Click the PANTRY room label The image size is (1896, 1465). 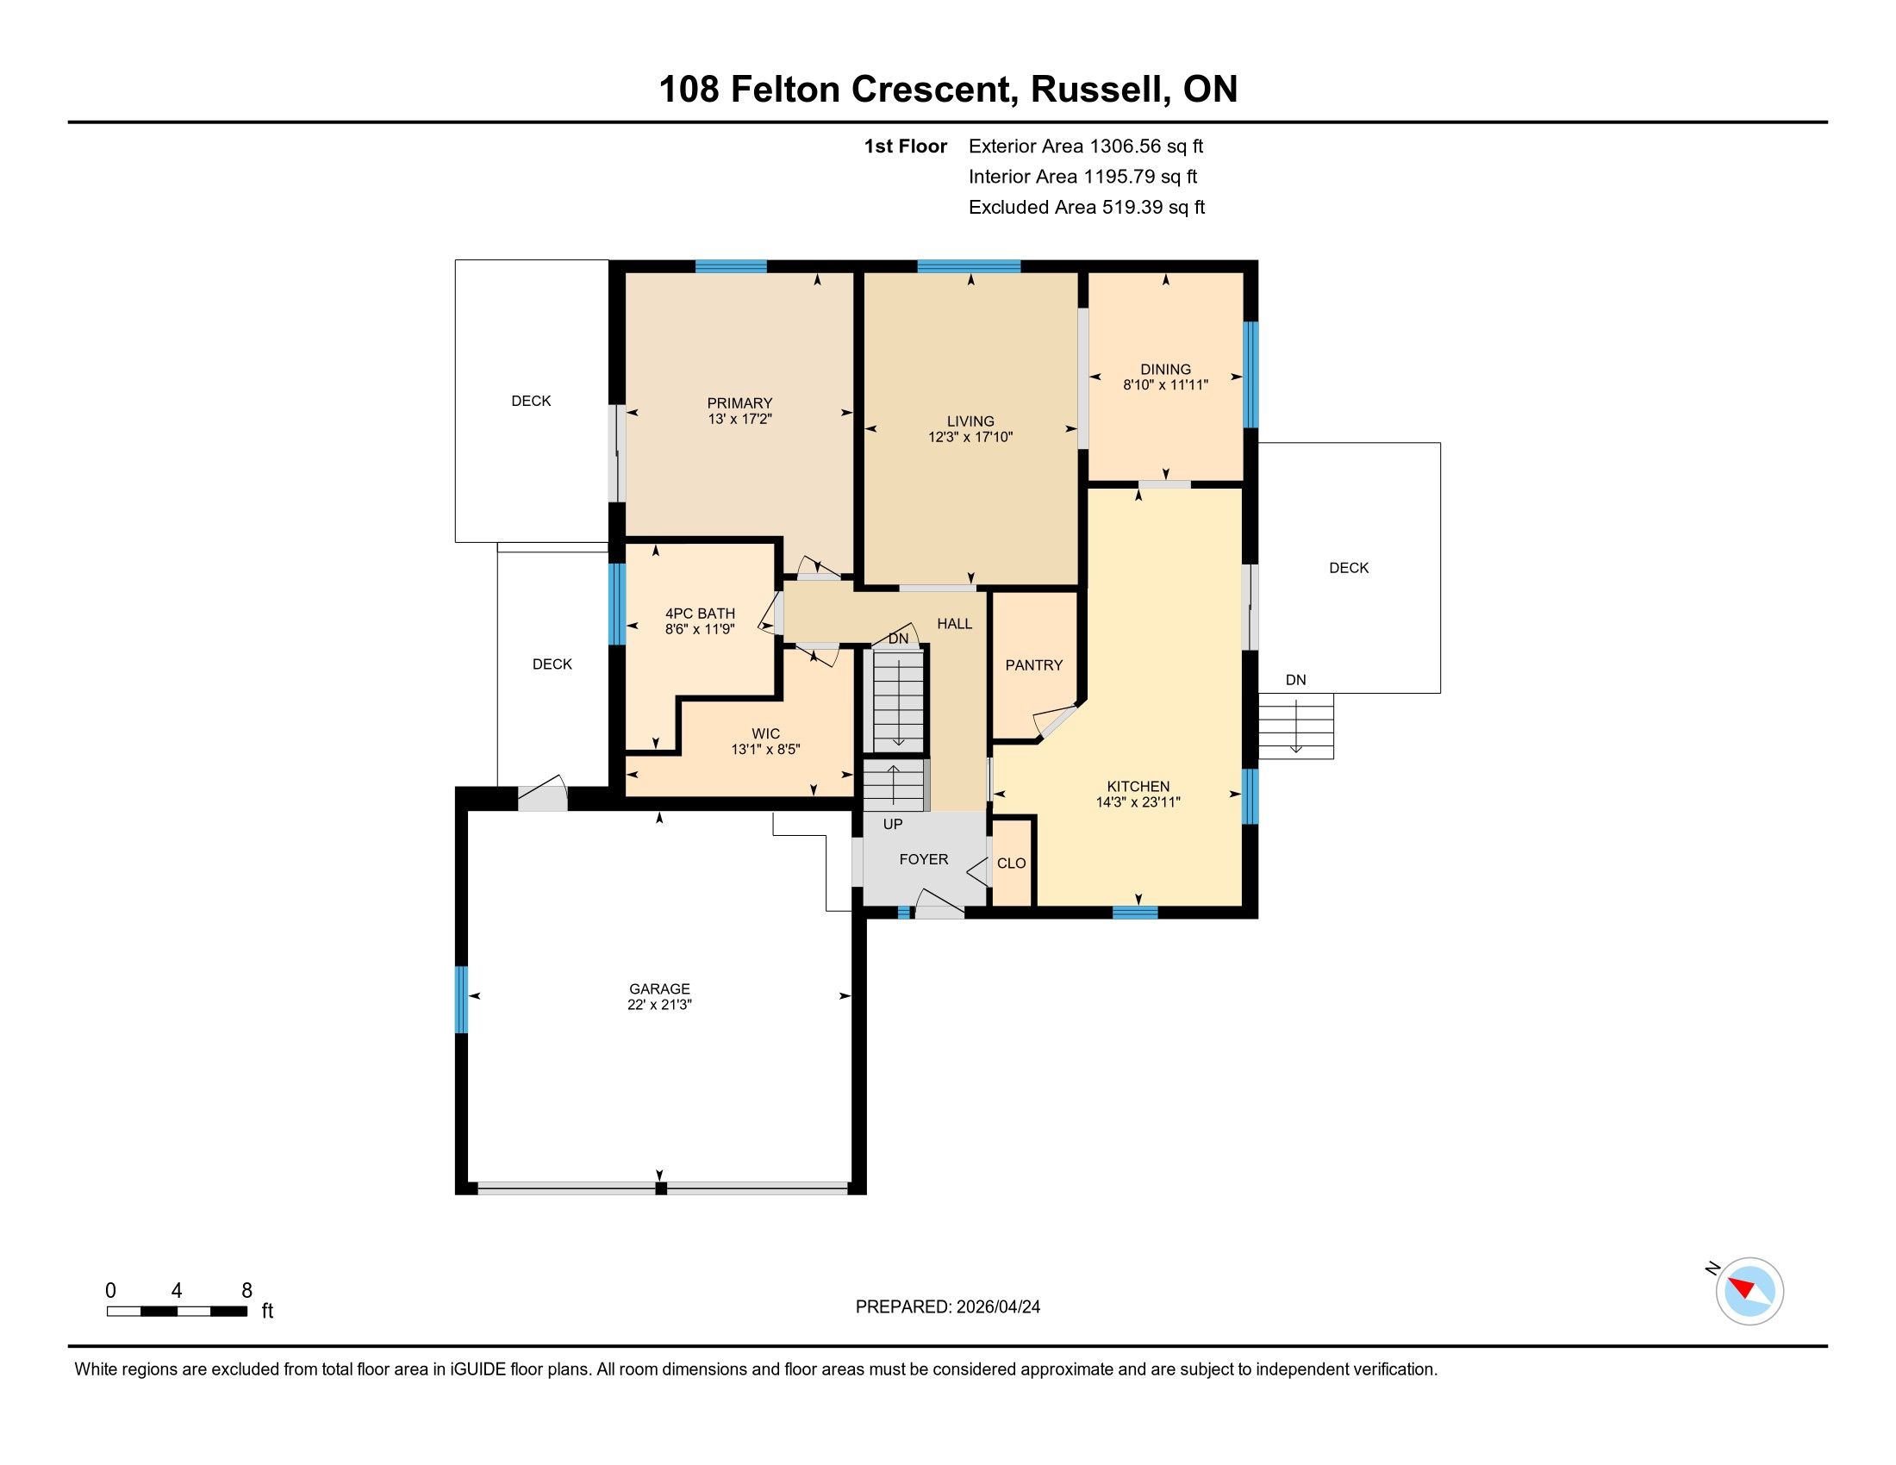point(1033,664)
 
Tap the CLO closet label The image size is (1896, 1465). point(1012,863)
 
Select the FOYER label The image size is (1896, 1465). point(924,859)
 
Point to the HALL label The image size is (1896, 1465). point(954,623)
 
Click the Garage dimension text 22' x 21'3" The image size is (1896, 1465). point(660,1005)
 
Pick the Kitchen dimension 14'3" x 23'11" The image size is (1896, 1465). point(1138,803)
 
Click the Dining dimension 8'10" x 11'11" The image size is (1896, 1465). point(1165,384)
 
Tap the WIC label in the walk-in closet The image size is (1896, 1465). point(765,733)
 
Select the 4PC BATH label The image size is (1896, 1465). point(700,614)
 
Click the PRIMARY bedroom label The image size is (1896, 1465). point(739,402)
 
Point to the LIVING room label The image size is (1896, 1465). point(970,421)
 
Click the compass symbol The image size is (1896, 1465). point(1749,1291)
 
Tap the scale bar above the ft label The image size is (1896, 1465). point(177,1311)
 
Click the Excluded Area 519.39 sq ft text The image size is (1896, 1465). point(1087,208)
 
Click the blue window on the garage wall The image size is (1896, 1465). point(462,1000)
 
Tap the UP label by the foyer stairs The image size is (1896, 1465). point(893,824)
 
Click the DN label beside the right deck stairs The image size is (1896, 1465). point(1295,680)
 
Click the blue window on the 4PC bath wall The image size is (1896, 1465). point(617,604)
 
